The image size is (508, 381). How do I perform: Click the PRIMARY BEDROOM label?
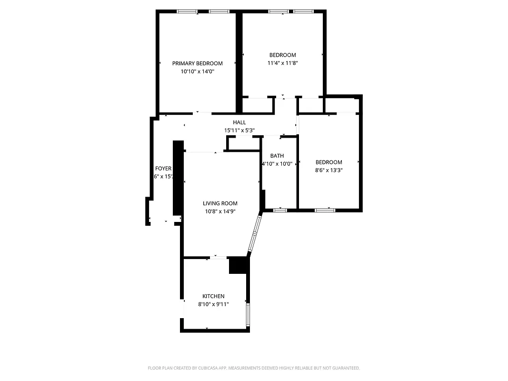point(197,63)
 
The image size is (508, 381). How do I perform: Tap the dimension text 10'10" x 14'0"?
point(197,71)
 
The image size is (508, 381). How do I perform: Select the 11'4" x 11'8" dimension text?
point(282,63)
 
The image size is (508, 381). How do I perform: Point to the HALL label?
point(239,122)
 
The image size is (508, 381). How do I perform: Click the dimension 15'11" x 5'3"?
point(239,130)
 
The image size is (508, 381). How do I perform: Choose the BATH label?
point(277,156)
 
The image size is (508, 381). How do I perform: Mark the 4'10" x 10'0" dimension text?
point(277,164)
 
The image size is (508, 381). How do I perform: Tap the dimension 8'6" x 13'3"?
point(329,170)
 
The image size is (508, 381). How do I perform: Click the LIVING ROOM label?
point(220,203)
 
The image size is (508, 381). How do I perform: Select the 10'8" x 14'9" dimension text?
point(220,211)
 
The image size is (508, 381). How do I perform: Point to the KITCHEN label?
point(213,296)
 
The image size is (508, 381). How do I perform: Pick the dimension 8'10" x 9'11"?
point(213,304)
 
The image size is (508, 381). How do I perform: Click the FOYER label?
point(163,169)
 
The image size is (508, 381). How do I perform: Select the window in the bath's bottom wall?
point(280,210)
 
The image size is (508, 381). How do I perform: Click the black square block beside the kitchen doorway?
point(238,265)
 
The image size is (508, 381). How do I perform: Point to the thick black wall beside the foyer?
point(178,179)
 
